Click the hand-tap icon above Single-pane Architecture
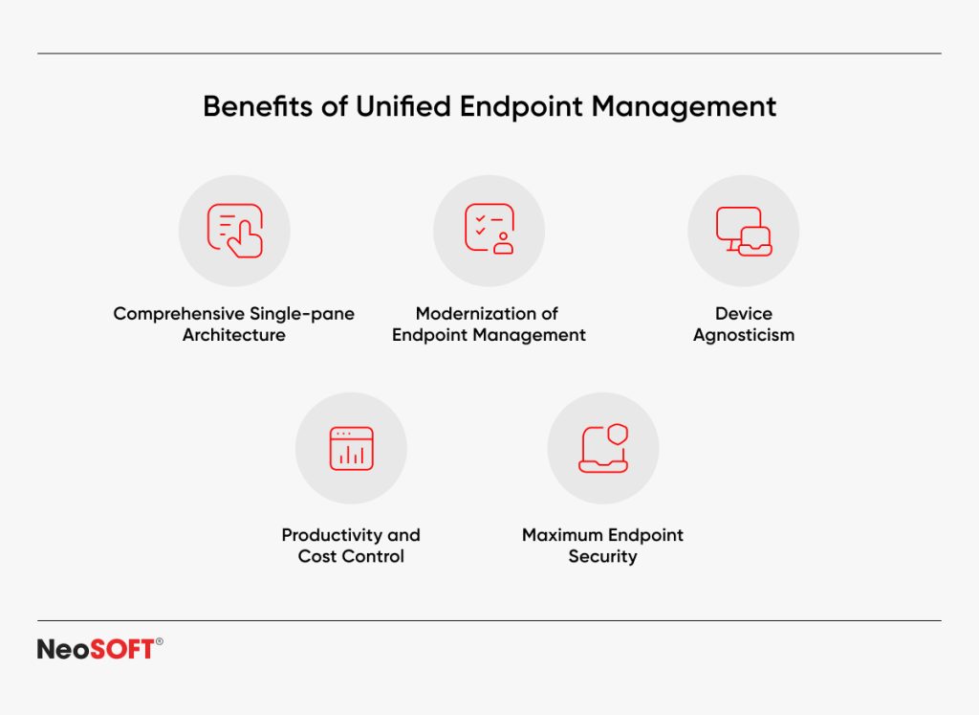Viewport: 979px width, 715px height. point(234,231)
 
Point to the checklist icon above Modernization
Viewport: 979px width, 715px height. point(489,231)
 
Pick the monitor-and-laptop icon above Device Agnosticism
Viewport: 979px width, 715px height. point(744,231)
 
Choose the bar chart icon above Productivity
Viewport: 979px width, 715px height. point(351,448)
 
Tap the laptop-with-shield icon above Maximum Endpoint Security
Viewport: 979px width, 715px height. point(603,448)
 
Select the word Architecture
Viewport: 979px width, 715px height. point(234,335)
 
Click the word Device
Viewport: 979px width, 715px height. point(744,314)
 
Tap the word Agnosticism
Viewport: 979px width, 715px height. point(744,335)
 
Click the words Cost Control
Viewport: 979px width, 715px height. point(351,556)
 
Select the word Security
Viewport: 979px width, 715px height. point(602,556)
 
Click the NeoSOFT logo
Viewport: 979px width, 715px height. point(96,649)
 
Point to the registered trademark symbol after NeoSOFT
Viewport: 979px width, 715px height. point(159,642)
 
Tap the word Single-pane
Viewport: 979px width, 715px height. point(301,314)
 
